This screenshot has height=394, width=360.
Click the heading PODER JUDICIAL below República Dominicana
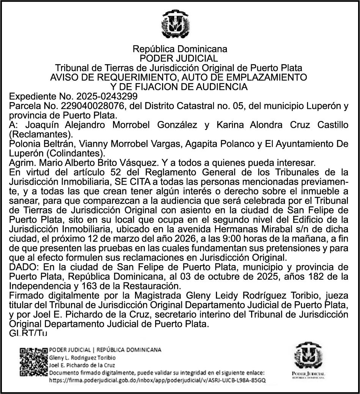(179, 58)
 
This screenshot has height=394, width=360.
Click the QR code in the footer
(33, 362)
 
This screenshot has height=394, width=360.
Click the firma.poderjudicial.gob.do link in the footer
(157, 380)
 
